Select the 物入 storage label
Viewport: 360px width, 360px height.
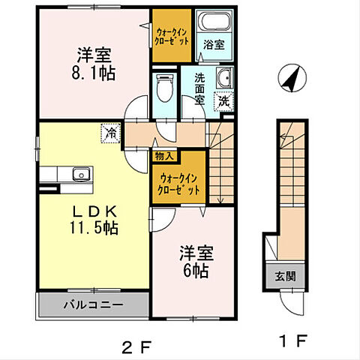pos(164,156)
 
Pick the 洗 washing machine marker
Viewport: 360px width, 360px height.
pos(224,99)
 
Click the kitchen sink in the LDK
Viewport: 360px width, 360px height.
pos(79,175)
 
